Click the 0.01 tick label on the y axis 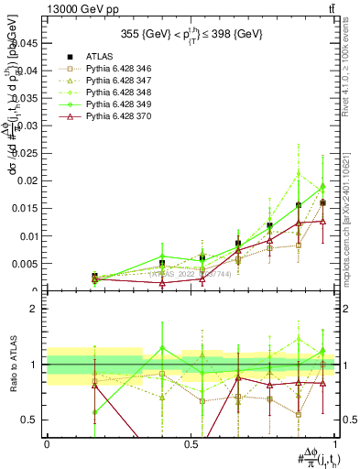coord(28,235)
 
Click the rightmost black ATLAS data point coord(322,202)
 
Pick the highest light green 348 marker coord(298,173)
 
